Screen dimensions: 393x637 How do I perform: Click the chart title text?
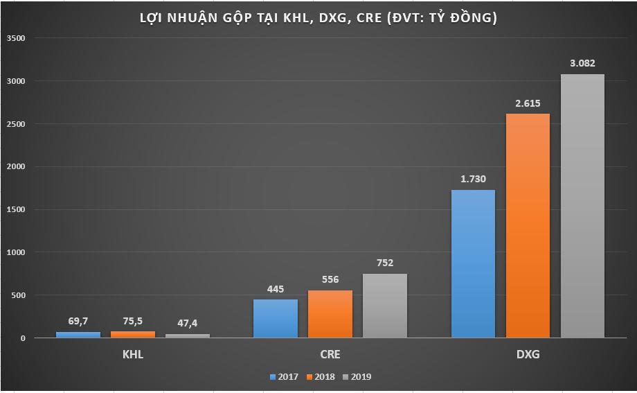318,19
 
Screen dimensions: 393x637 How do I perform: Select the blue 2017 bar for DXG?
473,263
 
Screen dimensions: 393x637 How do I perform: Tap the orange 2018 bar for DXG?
528,225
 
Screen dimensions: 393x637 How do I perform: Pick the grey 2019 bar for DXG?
582,206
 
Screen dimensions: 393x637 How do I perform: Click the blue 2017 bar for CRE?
276,318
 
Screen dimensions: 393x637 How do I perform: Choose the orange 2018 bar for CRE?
330,313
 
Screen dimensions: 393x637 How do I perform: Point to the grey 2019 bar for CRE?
385,306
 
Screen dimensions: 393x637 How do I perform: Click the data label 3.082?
582,63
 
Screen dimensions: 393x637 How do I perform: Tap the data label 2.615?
528,103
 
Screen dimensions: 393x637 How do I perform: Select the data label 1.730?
473,179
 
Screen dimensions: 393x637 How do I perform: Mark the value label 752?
385,263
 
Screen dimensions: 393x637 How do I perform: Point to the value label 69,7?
78,321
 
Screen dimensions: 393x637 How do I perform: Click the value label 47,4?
188,324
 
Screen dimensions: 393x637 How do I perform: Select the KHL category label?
133,354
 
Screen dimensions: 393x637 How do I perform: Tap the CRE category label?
330,354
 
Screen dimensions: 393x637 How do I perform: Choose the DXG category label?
528,354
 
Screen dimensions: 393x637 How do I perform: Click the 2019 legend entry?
357,377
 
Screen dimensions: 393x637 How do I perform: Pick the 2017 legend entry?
284,377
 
